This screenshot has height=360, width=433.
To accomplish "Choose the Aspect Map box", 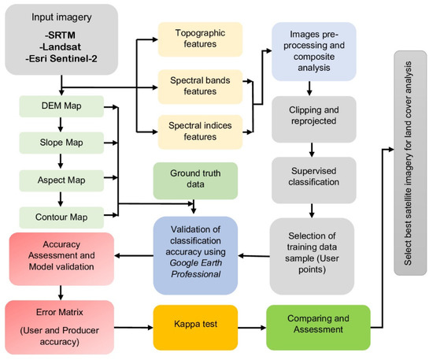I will [61, 179].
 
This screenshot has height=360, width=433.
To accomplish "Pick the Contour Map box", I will [61, 214].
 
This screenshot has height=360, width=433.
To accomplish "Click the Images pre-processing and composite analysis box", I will [313, 50].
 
